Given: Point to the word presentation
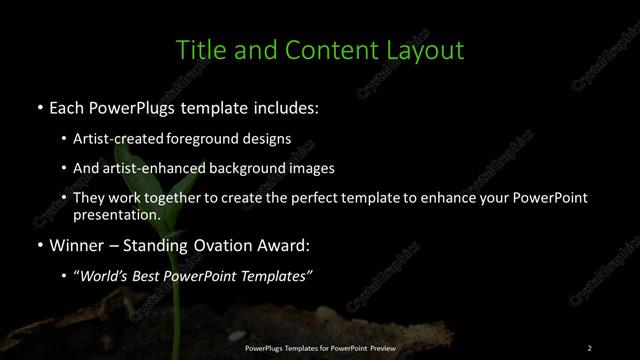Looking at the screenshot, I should (116, 214).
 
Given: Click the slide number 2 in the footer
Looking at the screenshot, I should (590, 348).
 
